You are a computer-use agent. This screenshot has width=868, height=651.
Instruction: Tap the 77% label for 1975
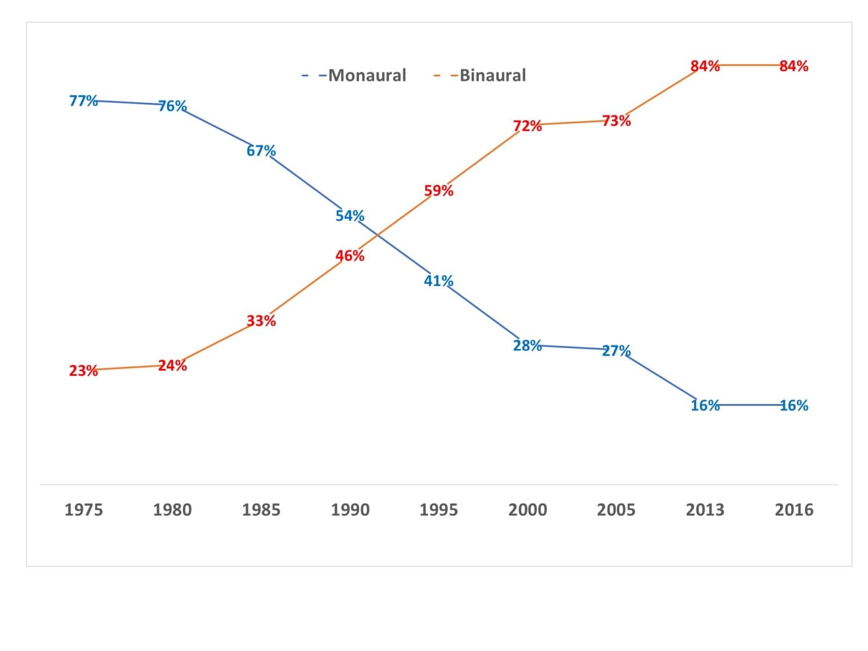(x=83, y=101)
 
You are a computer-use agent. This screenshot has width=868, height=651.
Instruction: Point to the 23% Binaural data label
(x=83, y=371)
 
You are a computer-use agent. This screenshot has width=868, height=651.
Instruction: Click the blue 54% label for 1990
(x=350, y=216)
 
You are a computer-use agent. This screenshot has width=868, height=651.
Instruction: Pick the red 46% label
(x=350, y=256)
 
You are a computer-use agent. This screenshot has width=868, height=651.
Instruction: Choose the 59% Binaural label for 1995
(x=439, y=191)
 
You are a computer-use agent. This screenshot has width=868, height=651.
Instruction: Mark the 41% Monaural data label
(x=439, y=281)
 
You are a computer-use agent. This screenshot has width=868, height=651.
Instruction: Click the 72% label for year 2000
(x=527, y=126)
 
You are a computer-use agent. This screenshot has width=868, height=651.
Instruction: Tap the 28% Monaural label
(x=527, y=345)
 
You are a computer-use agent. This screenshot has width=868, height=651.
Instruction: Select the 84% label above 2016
(x=793, y=66)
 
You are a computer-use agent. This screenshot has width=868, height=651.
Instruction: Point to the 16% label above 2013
(x=705, y=405)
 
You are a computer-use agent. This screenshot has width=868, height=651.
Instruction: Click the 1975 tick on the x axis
(x=84, y=510)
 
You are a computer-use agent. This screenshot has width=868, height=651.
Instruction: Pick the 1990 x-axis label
(x=350, y=510)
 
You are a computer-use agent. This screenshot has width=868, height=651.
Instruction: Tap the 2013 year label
(x=705, y=510)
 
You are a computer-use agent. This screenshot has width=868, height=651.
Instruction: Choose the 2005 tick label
(x=616, y=510)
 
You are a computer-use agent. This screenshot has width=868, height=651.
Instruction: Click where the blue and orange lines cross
(x=376, y=236)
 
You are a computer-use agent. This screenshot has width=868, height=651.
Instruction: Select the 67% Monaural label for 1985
(x=261, y=151)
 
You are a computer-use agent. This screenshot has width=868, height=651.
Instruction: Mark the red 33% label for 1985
(x=261, y=321)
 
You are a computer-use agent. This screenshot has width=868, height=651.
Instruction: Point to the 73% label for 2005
(x=616, y=121)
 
